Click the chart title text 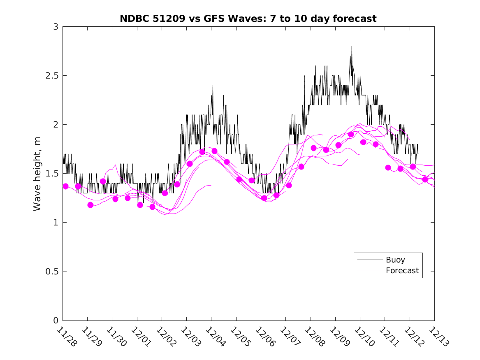point(248,19)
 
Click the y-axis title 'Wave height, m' point(37,174)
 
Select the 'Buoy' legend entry point(395,260)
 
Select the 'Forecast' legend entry point(402,271)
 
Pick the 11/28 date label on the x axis point(66,337)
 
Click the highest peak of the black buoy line point(352,46)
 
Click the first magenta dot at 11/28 point(65,186)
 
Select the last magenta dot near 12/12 point(425,179)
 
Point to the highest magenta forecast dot point(351,135)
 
